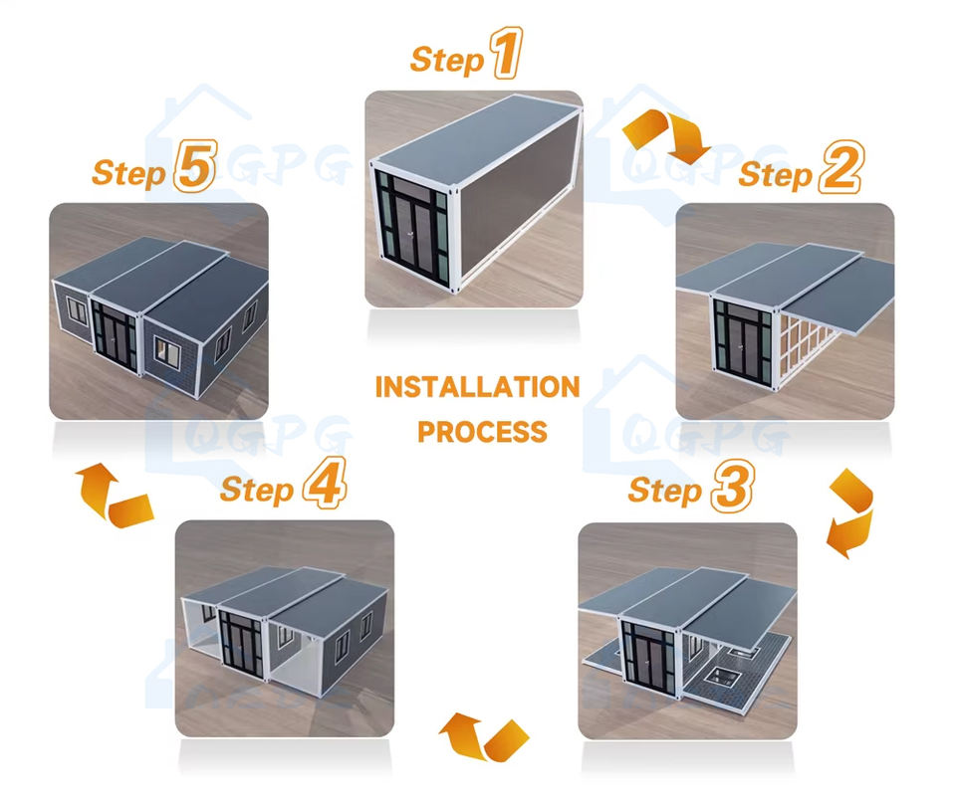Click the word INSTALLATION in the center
click(477, 387)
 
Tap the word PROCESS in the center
click(482, 432)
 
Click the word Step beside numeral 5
click(128, 172)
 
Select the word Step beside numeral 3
click(664, 491)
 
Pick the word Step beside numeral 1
click(446, 59)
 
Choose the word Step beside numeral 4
click(257, 490)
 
